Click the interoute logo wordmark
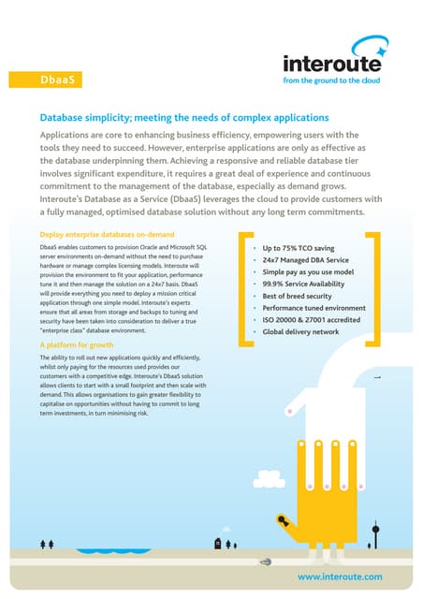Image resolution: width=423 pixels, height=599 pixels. click(x=333, y=64)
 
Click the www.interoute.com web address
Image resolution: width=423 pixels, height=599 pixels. click(x=340, y=577)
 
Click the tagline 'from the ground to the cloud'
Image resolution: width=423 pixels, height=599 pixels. click(x=333, y=81)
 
